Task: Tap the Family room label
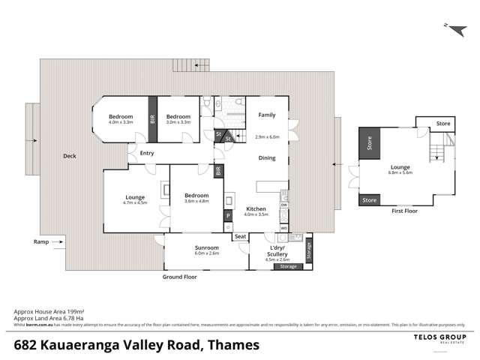(267, 115)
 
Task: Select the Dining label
(267, 158)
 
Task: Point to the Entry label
(146, 154)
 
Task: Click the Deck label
(70, 156)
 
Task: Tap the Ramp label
(40, 241)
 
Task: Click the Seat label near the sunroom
(240, 237)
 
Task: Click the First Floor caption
(405, 211)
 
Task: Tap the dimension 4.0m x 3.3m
(121, 122)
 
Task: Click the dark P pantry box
(227, 216)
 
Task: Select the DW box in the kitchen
(284, 205)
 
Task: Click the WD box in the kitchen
(284, 228)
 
